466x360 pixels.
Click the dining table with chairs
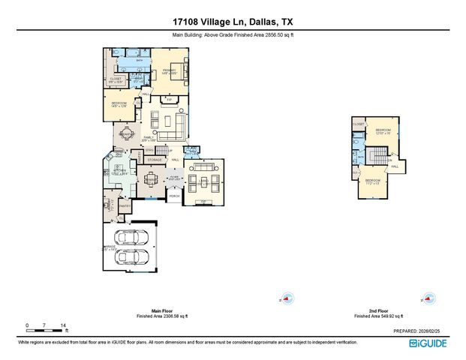pos(152,178)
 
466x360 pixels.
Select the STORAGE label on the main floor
pos(154,160)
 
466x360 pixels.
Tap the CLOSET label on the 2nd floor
pos(359,124)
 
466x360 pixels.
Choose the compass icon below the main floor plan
pos(284,298)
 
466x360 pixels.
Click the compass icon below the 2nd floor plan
pos(428,298)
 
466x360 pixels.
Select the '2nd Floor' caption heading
pos(378,310)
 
